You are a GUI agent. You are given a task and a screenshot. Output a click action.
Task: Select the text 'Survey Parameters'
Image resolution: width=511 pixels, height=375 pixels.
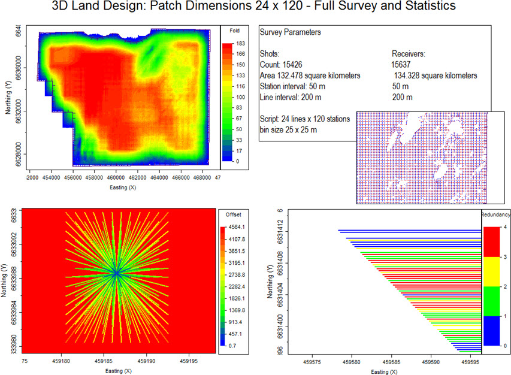pyautogui.click(x=289, y=32)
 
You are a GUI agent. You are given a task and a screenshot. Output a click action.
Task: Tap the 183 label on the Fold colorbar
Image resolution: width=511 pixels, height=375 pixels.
pyautogui.click(x=241, y=43)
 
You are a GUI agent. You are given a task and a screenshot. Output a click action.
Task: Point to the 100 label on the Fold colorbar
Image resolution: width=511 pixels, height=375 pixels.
pyautogui.click(x=241, y=96)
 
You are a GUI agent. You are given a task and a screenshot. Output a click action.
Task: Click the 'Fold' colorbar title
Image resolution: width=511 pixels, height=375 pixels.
pyautogui.click(x=235, y=30)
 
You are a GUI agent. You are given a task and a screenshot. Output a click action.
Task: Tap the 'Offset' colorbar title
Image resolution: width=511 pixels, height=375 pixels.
pyautogui.click(x=232, y=214)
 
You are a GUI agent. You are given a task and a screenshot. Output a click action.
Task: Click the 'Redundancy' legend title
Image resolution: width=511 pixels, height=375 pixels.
pyautogui.click(x=495, y=214)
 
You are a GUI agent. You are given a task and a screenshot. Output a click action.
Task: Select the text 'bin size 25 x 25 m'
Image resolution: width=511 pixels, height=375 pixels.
pyautogui.click(x=292, y=129)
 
